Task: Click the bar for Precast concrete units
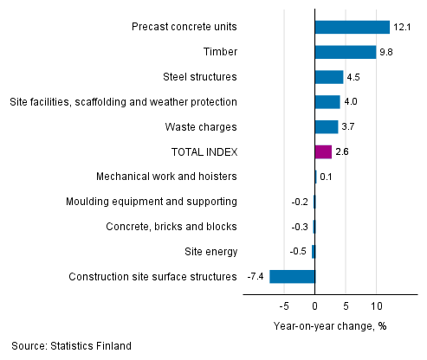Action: pyautogui.click(x=353, y=27)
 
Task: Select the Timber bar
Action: pyautogui.click(x=346, y=52)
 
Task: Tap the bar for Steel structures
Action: pyautogui.click(x=329, y=77)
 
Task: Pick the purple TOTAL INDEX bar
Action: pyautogui.click(x=323, y=151)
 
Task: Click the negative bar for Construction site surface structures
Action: pyautogui.click(x=293, y=277)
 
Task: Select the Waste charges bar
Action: pyautogui.click(x=327, y=127)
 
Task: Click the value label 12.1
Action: pyautogui.click(x=401, y=28)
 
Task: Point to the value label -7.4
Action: pyautogui.click(x=256, y=277)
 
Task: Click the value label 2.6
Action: pyautogui.click(x=342, y=152)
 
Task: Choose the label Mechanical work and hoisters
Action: pyautogui.click(x=167, y=177)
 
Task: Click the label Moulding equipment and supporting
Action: pyautogui.click(x=152, y=202)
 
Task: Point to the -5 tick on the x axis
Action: pyautogui.click(x=282, y=305)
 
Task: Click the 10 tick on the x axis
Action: pyautogui.click(x=377, y=305)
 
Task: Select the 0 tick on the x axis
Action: pyautogui.click(x=315, y=305)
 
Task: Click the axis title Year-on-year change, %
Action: pyautogui.click(x=329, y=326)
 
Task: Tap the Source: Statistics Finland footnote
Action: pyautogui.click(x=72, y=346)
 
